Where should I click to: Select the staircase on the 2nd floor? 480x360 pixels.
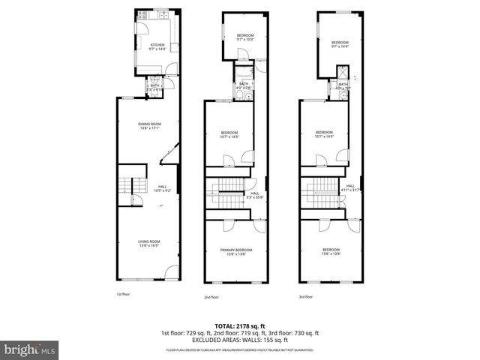pyautogui.click(x=225, y=193)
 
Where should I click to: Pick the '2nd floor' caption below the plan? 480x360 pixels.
pyautogui.click(x=211, y=297)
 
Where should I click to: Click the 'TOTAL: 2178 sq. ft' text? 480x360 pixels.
pyautogui.click(x=239, y=326)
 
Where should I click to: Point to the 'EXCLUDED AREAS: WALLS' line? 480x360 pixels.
pyautogui.click(x=239, y=340)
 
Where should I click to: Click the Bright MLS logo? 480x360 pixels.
pyautogui.click(x=30, y=349)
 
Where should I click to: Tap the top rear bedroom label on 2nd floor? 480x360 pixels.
pyautogui.click(x=245, y=37)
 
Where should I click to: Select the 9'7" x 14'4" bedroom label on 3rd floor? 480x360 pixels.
pyautogui.click(x=340, y=44)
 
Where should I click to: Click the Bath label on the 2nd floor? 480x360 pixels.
pyautogui.click(x=243, y=85)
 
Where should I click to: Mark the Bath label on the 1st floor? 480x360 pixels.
pyautogui.click(x=154, y=87)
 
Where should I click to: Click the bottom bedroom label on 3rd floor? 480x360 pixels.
pyautogui.click(x=331, y=251)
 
